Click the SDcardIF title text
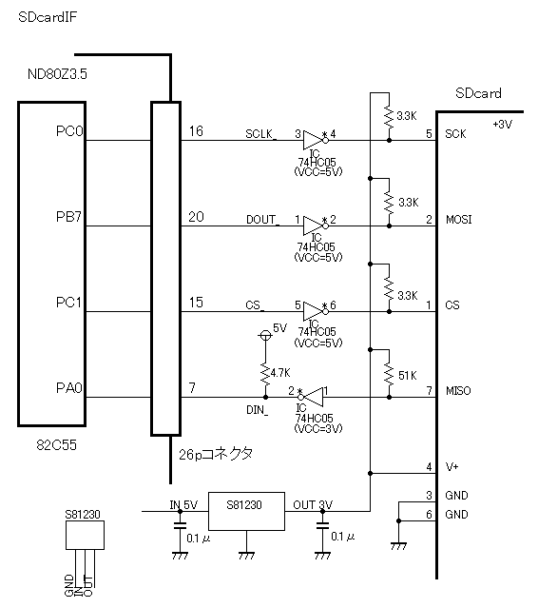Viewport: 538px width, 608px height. click(x=48, y=17)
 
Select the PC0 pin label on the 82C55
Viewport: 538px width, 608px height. click(x=69, y=131)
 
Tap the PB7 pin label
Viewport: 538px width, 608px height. click(x=69, y=217)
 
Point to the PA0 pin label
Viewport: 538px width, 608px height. click(x=69, y=388)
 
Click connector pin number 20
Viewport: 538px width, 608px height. click(x=196, y=216)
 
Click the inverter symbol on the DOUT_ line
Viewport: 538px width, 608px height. click(x=316, y=226)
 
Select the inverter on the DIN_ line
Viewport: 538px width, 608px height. click(x=311, y=397)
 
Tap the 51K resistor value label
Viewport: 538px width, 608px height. click(x=408, y=375)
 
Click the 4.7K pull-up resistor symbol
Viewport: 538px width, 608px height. click(x=265, y=373)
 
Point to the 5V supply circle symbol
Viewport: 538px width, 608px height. click(x=265, y=335)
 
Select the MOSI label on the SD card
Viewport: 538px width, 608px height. click(x=458, y=220)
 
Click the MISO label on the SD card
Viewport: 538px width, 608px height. click(x=458, y=390)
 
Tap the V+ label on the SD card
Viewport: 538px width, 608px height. click(x=452, y=467)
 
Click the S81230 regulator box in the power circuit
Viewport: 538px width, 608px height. click(x=246, y=512)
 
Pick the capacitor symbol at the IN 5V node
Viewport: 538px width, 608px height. click(x=180, y=525)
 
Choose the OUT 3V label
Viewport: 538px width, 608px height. click(x=313, y=505)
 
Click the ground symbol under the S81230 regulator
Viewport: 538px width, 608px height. click(x=246, y=556)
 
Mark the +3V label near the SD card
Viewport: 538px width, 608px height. click(x=503, y=125)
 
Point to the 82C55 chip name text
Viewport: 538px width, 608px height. click(x=56, y=444)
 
